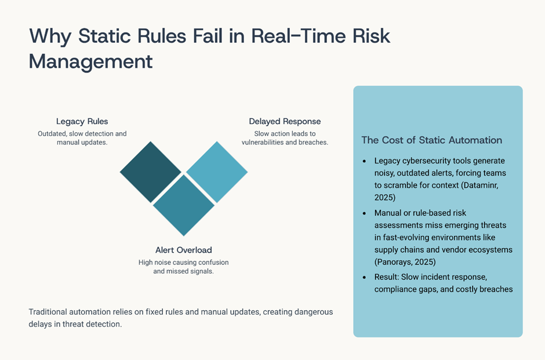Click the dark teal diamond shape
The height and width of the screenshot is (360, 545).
pyautogui.click(x=151, y=172)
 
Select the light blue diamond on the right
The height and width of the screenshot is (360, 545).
pyautogui.click(x=217, y=172)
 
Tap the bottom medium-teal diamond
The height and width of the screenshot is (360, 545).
pyautogui.click(x=184, y=205)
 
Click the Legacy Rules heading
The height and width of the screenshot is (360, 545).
pyautogui.click(x=82, y=121)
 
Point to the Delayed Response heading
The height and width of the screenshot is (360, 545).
pyautogui.click(x=285, y=121)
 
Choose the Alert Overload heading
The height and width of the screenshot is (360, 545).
pyautogui.click(x=184, y=250)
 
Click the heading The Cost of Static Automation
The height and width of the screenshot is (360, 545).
pyautogui.click(x=432, y=140)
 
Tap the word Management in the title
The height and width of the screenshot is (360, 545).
pyautogui.click(x=90, y=61)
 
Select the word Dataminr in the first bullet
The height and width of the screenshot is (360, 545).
pyautogui.click(x=481, y=185)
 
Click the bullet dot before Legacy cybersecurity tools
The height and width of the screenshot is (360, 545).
pyautogui.click(x=364, y=161)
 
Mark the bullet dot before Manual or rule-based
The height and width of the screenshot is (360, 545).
pyautogui.click(x=364, y=213)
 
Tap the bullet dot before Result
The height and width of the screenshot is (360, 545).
pyautogui.click(x=364, y=277)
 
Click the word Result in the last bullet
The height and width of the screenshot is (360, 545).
pyautogui.click(x=387, y=277)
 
